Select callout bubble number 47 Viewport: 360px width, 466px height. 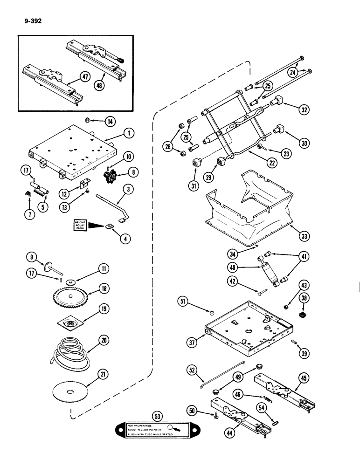pyautogui.click(x=84, y=78)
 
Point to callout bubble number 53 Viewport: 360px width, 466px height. pyautogui.click(x=155, y=415)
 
